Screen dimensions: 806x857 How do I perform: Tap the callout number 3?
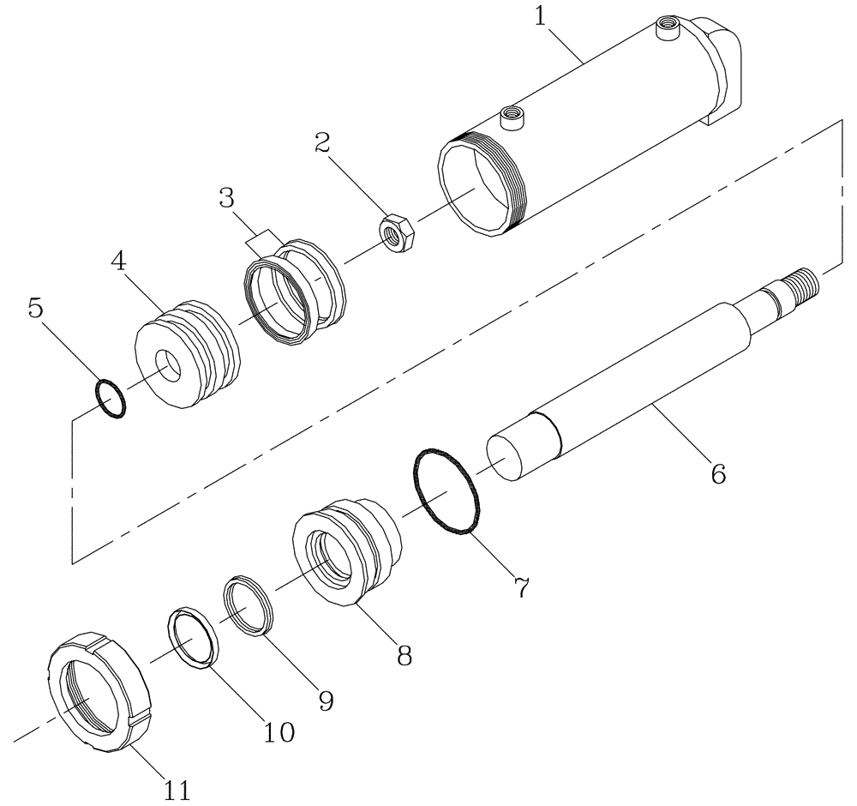[226, 198]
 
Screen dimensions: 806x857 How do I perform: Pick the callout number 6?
[717, 472]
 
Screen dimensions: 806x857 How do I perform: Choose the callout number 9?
[324, 700]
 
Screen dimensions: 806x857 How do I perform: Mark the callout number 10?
[279, 731]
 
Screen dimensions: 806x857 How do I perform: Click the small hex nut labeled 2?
[398, 233]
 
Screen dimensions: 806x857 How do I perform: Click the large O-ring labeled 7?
[445, 492]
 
